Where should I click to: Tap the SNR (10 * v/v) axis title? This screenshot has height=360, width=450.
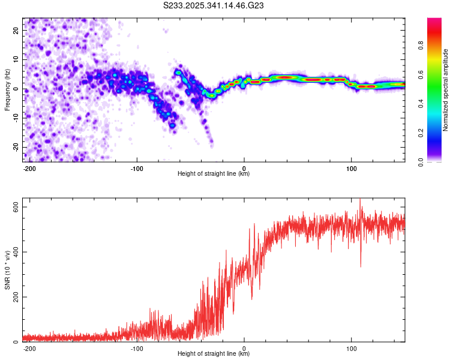pos(7,269)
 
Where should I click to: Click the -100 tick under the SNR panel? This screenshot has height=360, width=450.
pos(137,348)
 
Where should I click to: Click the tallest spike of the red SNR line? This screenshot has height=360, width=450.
pos(360,200)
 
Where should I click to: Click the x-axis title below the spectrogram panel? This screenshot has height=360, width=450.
pos(214,174)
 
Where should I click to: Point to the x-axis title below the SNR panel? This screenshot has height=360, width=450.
pos(214,354)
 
